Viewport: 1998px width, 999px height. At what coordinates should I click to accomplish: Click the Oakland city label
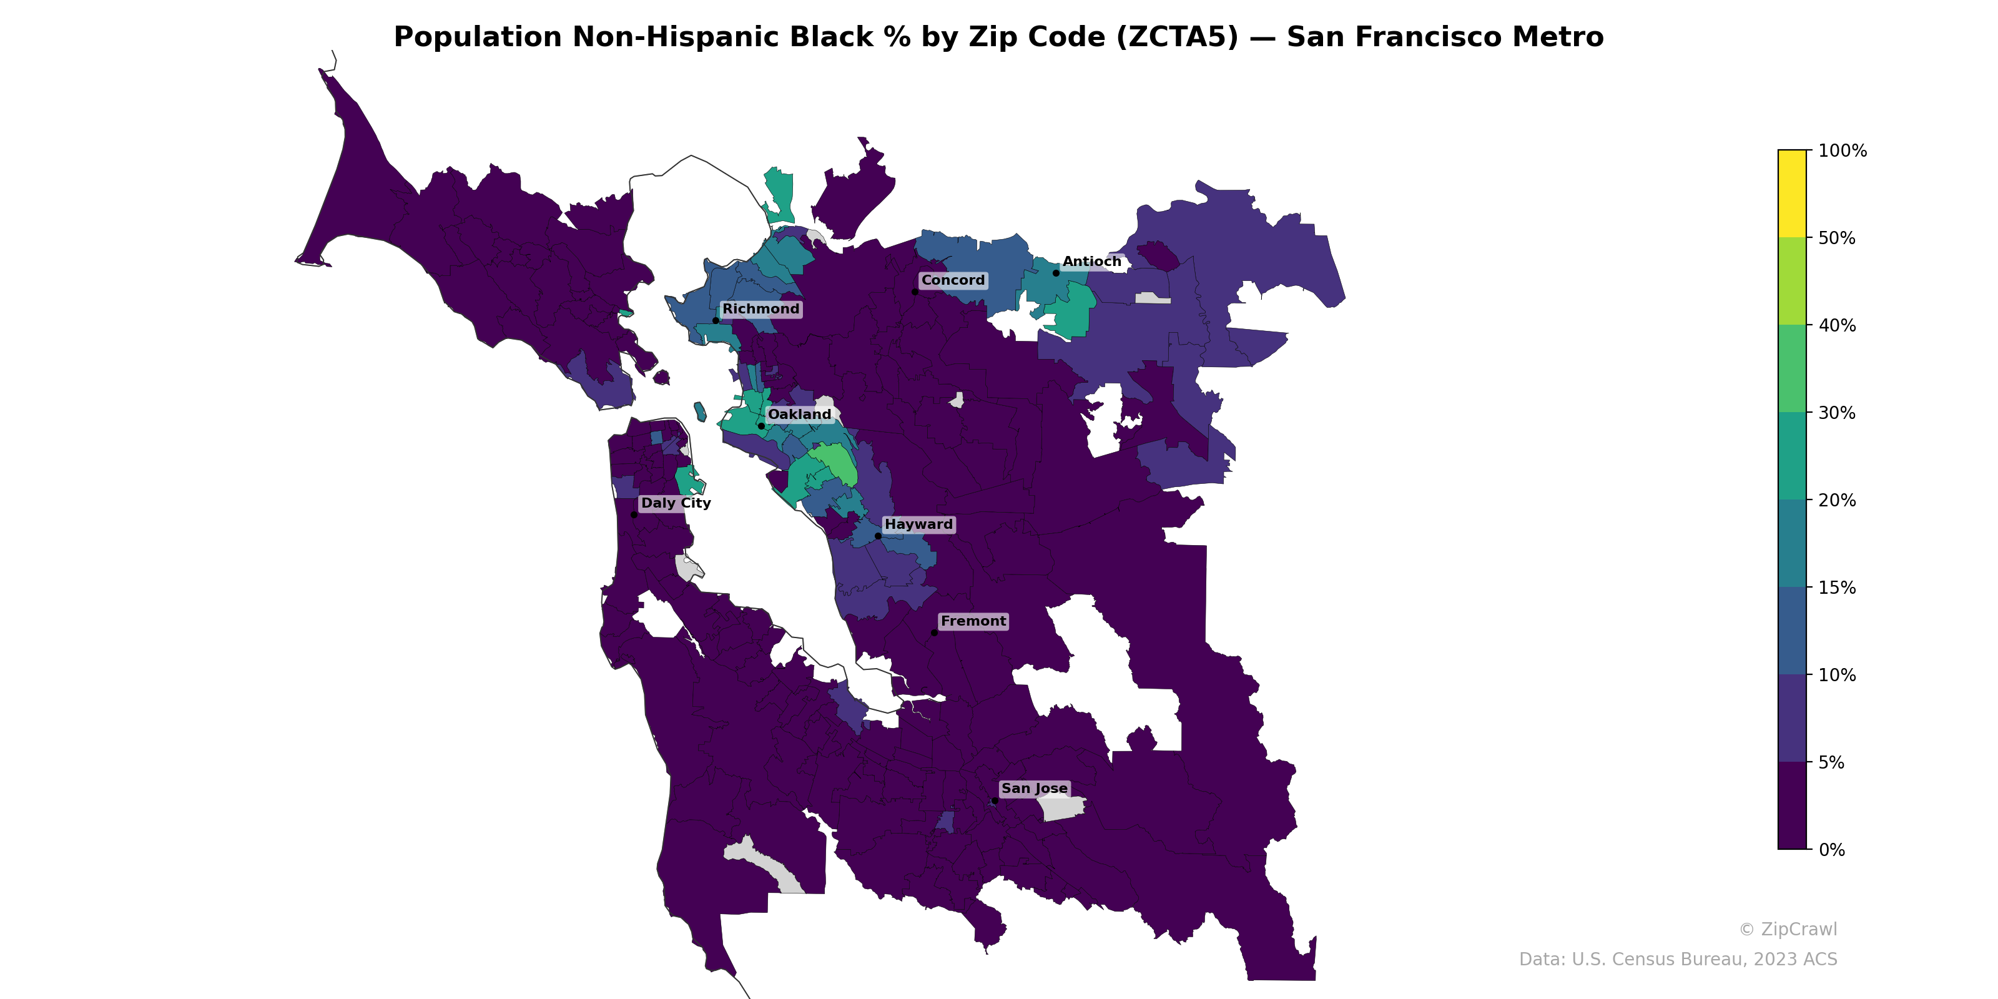pos(799,414)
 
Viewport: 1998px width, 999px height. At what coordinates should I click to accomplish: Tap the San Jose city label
pos(1034,788)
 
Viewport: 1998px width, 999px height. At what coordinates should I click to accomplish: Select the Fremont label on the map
pos(973,621)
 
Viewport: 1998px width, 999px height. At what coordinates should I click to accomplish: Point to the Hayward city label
pos(918,524)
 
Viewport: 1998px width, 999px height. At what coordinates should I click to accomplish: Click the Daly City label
pos(676,503)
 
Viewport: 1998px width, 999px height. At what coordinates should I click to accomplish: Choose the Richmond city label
pos(760,308)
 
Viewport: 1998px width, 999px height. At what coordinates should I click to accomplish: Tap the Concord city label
pos(952,280)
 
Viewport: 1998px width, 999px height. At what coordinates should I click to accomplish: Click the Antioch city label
pos(1091,262)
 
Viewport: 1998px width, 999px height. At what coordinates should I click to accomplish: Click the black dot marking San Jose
pos(995,800)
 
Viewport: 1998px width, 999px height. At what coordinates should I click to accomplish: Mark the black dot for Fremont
pos(934,633)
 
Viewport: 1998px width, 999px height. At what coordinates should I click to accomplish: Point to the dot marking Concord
pos(915,292)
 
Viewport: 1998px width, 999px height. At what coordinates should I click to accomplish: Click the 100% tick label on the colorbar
pos(1842,150)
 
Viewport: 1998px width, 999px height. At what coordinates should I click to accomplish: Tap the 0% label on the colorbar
pos(1831,850)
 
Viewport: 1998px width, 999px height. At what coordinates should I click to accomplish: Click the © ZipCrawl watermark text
pos(1787,929)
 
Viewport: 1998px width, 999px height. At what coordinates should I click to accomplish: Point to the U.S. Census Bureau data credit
pos(1677,960)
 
